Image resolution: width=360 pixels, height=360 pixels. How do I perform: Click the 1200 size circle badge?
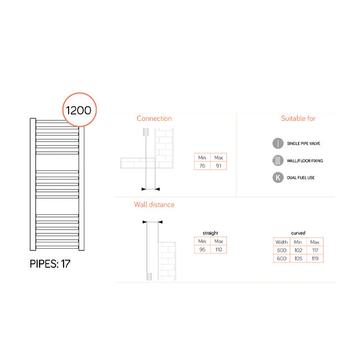(79, 109)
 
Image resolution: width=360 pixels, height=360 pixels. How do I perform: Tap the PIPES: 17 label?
(50, 263)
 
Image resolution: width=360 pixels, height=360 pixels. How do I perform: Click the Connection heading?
(154, 119)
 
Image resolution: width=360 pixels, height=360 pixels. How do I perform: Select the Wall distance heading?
(154, 205)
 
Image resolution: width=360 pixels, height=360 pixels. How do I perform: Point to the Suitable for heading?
(298, 119)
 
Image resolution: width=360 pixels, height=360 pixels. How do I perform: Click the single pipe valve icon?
(277, 143)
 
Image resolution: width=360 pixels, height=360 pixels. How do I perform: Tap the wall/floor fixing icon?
(277, 161)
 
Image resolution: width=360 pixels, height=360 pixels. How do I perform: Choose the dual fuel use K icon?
(277, 178)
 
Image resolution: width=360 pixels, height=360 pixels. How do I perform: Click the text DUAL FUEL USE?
(301, 178)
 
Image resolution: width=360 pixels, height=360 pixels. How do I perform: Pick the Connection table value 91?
(219, 166)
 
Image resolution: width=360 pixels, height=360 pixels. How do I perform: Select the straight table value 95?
(202, 249)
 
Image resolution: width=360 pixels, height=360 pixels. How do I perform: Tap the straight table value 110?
(219, 249)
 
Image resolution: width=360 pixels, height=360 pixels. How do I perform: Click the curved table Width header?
(281, 242)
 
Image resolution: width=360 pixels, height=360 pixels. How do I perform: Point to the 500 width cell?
(281, 250)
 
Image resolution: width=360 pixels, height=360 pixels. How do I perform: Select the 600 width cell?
(281, 258)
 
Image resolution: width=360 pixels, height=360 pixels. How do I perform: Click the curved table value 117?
(314, 250)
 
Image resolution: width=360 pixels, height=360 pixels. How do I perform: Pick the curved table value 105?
(298, 258)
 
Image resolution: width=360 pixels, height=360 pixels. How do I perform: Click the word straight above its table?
(210, 233)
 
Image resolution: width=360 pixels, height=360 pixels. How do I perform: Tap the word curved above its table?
(298, 233)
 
